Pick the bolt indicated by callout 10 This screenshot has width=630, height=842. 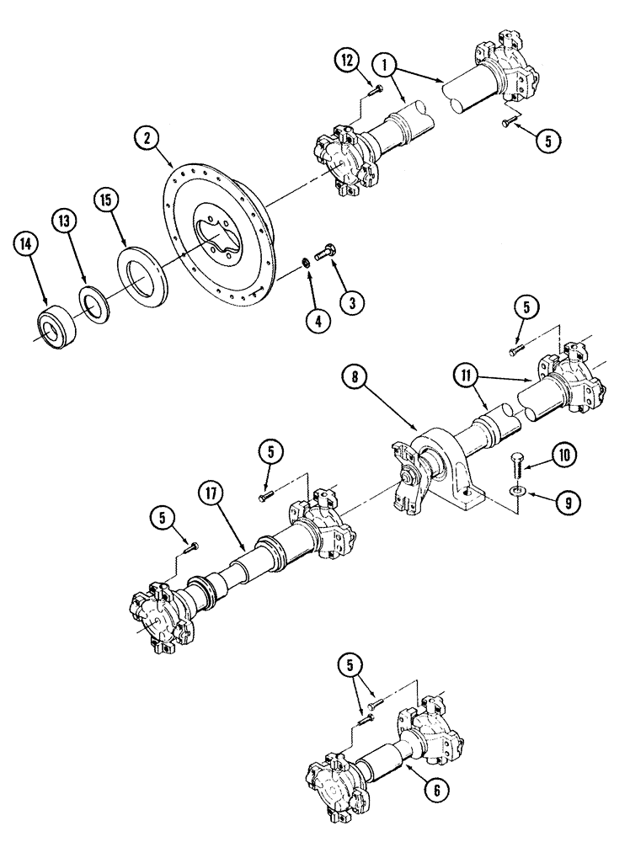pos(518,466)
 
